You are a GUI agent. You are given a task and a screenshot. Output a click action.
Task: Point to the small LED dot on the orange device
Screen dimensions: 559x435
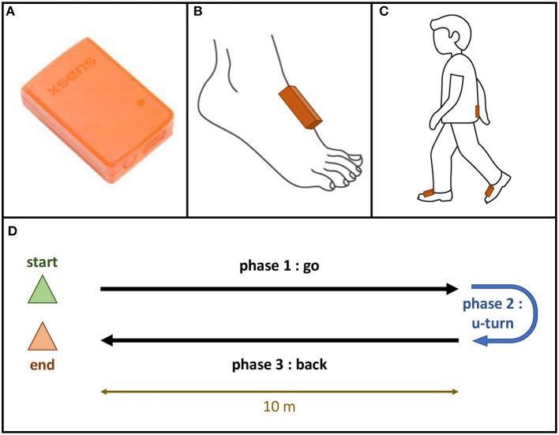tap(141, 102)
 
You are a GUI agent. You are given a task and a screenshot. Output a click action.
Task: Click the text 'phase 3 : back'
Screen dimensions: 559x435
tap(278, 365)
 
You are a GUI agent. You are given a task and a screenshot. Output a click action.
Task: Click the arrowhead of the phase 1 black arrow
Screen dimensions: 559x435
tap(452, 290)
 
